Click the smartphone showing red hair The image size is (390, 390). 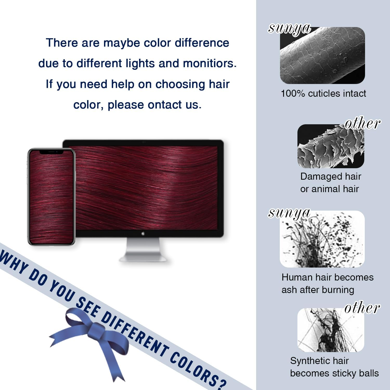[x=51, y=197]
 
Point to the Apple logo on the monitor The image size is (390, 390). [x=143, y=233]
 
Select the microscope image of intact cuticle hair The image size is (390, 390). [x=322, y=55]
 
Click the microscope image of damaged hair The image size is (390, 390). [x=331, y=146]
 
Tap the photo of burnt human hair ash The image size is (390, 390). [x=322, y=239]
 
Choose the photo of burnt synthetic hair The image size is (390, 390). [x=331, y=330]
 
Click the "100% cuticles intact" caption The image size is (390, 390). [x=323, y=93]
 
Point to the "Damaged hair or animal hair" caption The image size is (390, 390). [x=330, y=183]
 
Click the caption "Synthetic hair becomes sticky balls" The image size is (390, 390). [x=334, y=367]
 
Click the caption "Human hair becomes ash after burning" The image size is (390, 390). [x=327, y=283]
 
